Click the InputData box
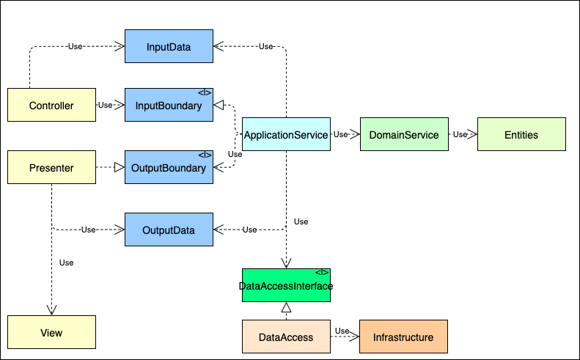tap(169, 48)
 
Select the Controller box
tap(51, 106)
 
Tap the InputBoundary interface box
tap(169, 106)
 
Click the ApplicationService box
tap(286, 135)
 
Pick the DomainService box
tap(404, 135)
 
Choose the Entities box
tap(521, 135)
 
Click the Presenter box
tap(51, 168)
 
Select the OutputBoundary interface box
tap(169, 168)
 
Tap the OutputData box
tap(169, 230)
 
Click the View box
tap(51, 333)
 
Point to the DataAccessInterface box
tap(286, 285)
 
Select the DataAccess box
tap(286, 337)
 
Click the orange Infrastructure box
tap(403, 337)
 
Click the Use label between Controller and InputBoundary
tap(106, 105)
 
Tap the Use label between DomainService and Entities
tap(460, 135)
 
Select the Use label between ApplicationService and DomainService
tap(340, 135)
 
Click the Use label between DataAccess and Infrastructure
tap(342, 331)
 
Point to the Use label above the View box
tap(66, 262)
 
